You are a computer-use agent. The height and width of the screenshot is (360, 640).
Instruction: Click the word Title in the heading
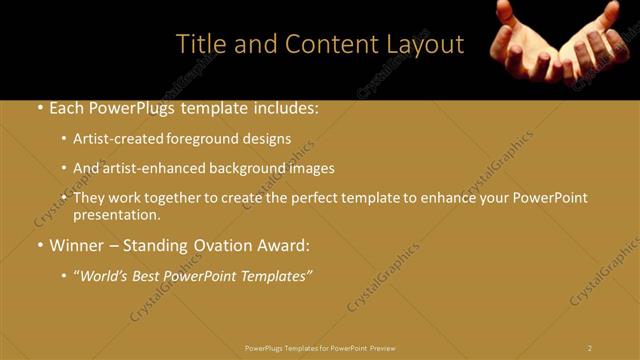(198, 44)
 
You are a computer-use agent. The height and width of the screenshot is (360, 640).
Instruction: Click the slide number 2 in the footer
(590, 347)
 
